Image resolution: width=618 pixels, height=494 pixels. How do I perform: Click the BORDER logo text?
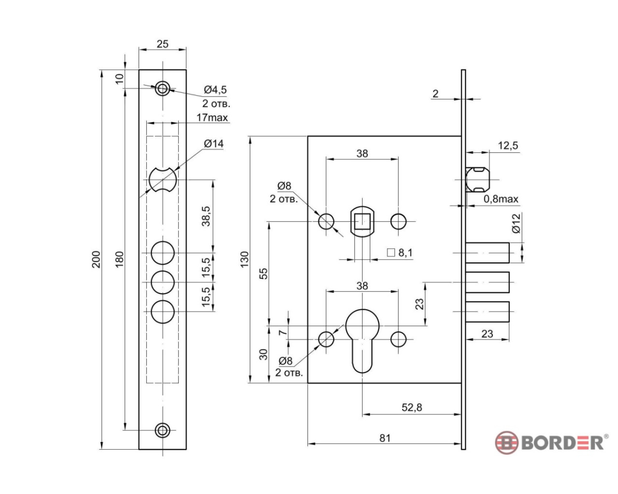(x=562, y=442)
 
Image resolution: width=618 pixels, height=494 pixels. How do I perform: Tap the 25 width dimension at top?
(x=163, y=44)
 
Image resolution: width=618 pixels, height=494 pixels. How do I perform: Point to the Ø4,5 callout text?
(x=215, y=90)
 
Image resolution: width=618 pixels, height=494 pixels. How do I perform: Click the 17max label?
(x=212, y=117)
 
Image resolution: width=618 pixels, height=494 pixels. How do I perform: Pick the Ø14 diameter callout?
(x=213, y=144)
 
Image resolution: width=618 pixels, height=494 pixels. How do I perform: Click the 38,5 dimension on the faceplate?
(x=206, y=216)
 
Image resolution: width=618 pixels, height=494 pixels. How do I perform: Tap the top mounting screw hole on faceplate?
(x=163, y=88)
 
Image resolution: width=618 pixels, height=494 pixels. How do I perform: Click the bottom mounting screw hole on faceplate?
(x=163, y=430)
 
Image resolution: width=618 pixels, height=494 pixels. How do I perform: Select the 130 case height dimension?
(x=244, y=260)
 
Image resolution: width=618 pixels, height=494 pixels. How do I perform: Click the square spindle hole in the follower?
(x=362, y=221)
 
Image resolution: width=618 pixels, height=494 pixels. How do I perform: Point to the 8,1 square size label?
(x=405, y=253)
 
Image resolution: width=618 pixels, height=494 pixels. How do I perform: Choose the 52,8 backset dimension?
(x=411, y=408)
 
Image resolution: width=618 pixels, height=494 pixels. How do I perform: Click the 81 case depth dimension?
(x=384, y=438)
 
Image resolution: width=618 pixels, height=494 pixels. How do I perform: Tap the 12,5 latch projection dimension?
(x=508, y=146)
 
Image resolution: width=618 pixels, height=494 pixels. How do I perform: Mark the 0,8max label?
(x=501, y=199)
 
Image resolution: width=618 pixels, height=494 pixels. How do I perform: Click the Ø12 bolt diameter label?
(x=516, y=223)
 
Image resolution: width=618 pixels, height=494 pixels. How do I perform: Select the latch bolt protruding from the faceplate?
(x=478, y=179)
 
